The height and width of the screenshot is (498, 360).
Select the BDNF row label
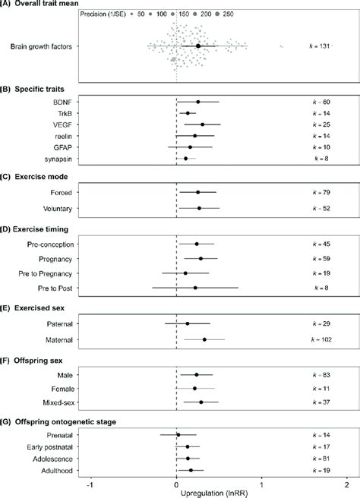62,101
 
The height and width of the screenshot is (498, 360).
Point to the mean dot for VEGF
202,124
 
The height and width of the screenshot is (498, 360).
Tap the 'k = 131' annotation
319,46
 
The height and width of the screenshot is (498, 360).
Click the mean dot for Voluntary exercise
199,208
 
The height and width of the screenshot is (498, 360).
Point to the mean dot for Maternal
204,339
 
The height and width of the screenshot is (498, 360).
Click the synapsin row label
58,159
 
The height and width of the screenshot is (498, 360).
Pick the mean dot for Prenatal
178,435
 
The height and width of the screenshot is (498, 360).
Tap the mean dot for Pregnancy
201,258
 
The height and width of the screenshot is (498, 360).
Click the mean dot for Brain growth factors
198,46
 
